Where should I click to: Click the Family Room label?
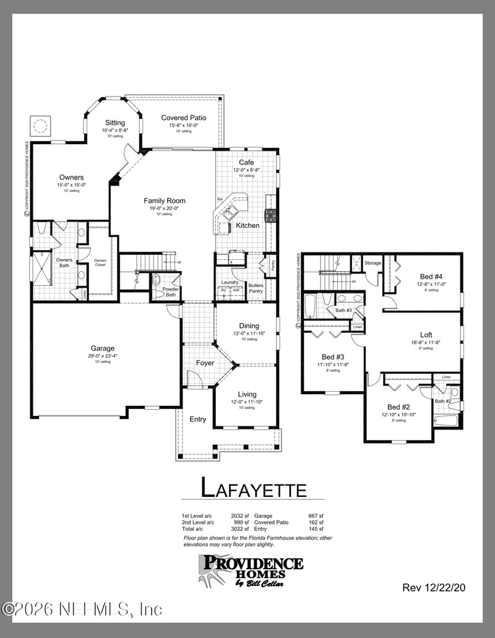(x=165, y=200)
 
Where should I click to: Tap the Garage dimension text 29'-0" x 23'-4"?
(x=103, y=356)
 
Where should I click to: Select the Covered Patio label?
(x=184, y=118)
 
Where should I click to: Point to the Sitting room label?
(x=115, y=123)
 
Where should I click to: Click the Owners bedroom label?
(x=71, y=178)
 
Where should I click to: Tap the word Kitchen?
(x=247, y=225)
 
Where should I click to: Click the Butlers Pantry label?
(x=256, y=288)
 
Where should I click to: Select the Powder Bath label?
(x=170, y=292)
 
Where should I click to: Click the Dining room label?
(x=249, y=326)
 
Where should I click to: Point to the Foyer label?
(x=205, y=363)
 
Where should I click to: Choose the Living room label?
(x=247, y=394)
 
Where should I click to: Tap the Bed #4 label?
(x=431, y=277)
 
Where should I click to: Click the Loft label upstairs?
(x=426, y=334)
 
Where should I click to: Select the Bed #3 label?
(x=333, y=357)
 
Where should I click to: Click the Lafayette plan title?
(x=254, y=488)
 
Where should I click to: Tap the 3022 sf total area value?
(x=239, y=529)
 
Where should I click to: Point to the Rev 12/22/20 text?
(x=433, y=587)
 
